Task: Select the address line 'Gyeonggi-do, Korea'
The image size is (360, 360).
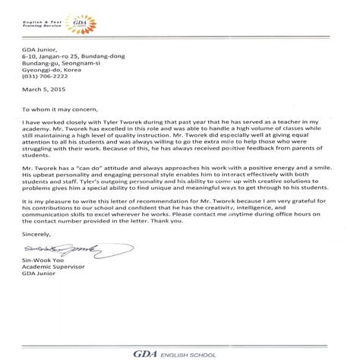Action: click(56, 67)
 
